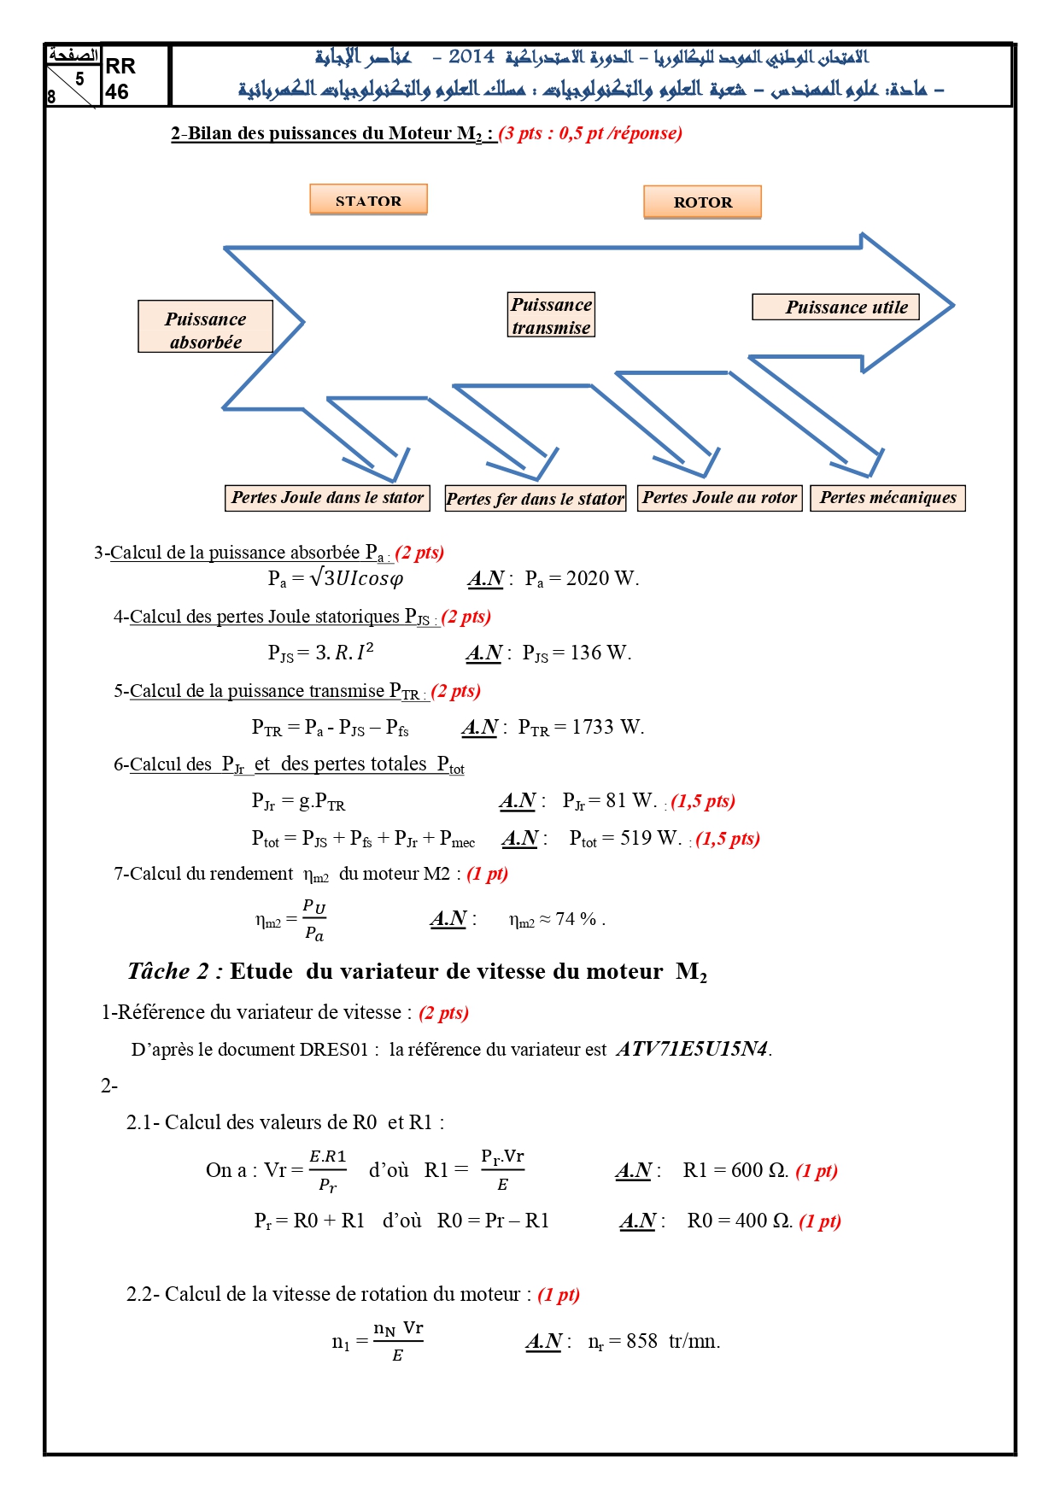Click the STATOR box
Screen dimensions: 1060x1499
tap(368, 200)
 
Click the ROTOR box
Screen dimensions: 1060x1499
tap(702, 202)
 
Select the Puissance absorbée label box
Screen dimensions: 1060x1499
tap(205, 326)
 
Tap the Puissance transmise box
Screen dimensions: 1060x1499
tap(551, 315)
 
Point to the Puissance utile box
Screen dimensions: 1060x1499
tap(835, 307)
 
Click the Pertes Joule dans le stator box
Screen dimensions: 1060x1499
tap(327, 498)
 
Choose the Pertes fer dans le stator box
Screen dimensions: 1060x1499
tap(536, 499)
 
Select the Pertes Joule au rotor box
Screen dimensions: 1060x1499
tap(719, 498)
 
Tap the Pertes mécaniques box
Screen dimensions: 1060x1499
tap(887, 498)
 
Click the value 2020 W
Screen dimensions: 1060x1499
tap(601, 578)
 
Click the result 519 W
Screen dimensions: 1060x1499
tap(651, 838)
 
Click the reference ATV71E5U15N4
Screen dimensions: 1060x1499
tap(692, 1049)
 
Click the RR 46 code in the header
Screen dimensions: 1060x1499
tap(120, 79)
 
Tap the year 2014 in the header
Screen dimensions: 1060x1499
tap(471, 56)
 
